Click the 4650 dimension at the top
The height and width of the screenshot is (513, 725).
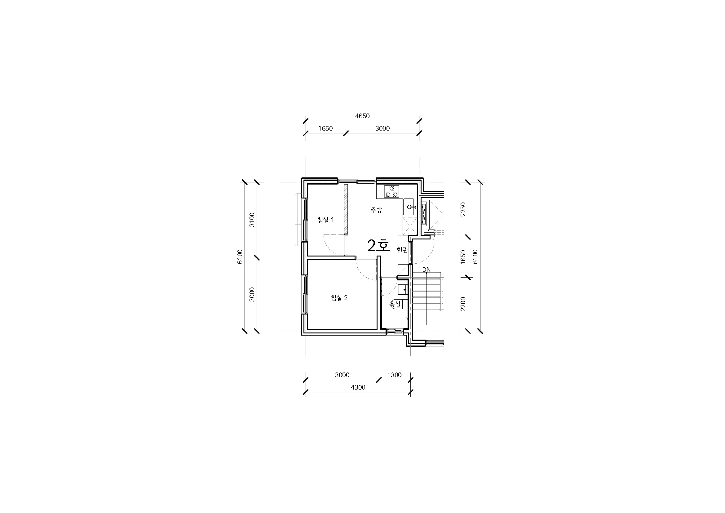(362, 116)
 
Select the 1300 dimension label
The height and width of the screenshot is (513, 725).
(394, 375)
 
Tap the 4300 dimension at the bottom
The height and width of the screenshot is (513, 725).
(358, 387)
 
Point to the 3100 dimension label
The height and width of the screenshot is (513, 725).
(252, 220)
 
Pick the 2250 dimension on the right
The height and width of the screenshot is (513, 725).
(463, 209)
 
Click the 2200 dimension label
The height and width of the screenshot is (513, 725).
(463, 304)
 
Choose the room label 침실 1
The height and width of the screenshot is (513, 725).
(325, 220)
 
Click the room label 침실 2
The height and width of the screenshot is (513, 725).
(339, 297)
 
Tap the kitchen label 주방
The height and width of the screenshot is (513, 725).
(376, 210)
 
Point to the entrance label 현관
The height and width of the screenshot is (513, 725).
(402, 250)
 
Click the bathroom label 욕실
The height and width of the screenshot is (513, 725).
(395, 304)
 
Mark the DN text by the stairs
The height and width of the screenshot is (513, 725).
(426, 270)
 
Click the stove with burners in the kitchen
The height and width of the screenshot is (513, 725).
(391, 192)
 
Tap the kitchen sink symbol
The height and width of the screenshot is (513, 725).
(410, 207)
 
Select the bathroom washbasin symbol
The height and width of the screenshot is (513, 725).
(402, 289)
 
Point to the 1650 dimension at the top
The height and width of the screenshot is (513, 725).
(325, 128)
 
